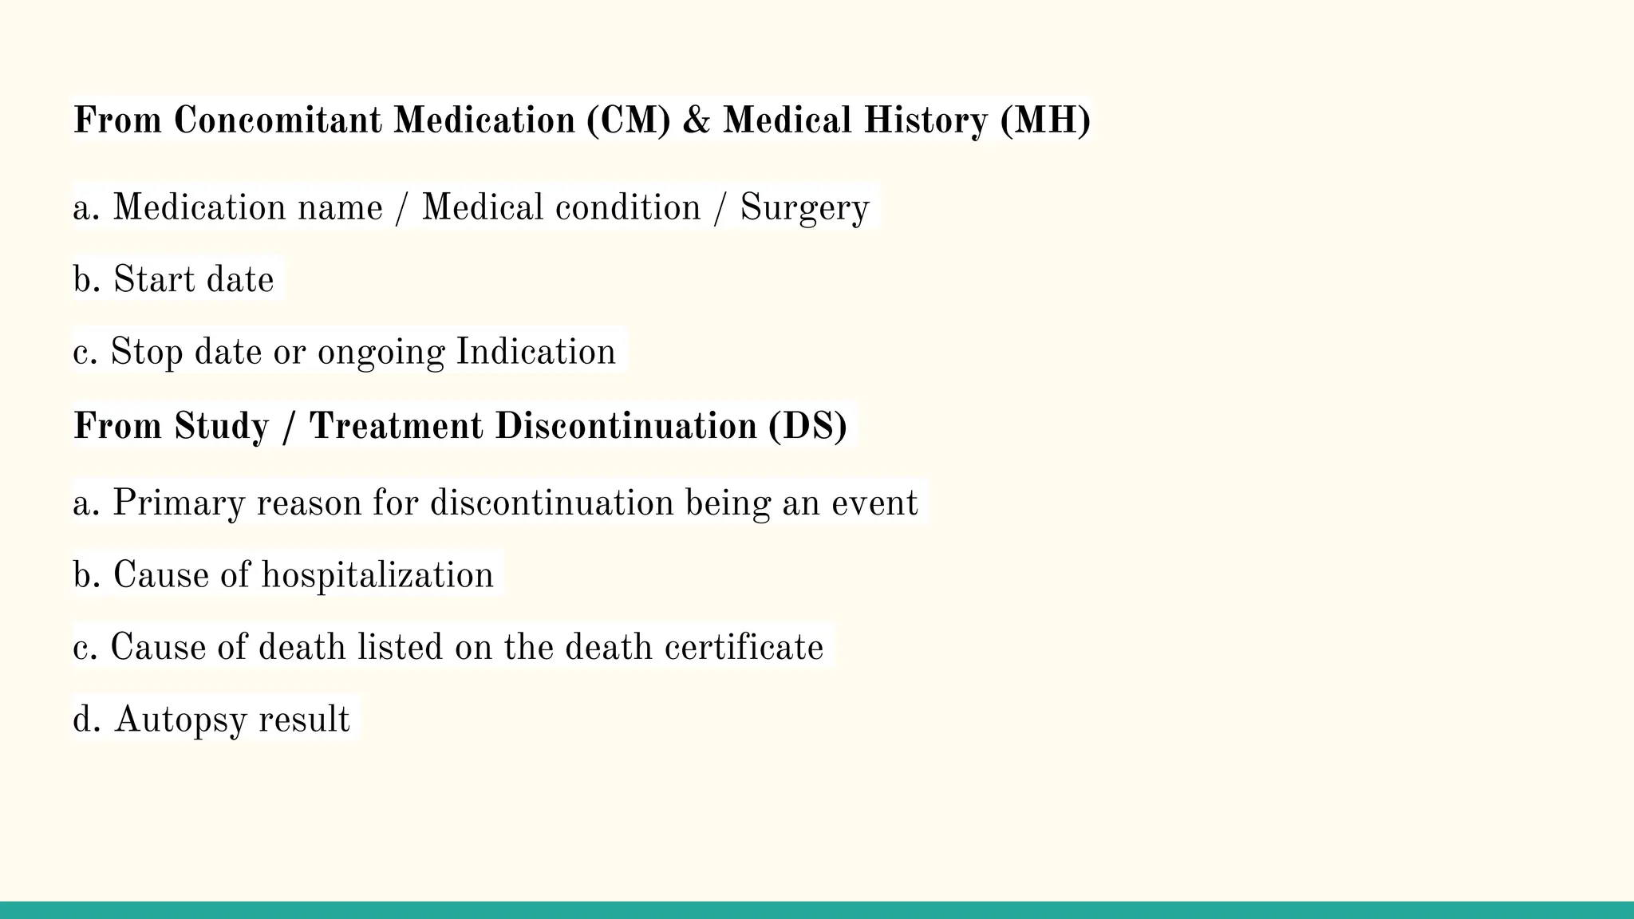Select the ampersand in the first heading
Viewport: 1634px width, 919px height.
pyautogui.click(x=697, y=120)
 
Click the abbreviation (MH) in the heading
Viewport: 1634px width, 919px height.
pyautogui.click(x=1045, y=120)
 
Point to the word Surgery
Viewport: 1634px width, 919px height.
pyautogui.click(x=804, y=208)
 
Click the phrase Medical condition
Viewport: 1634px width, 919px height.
pyautogui.click(x=560, y=207)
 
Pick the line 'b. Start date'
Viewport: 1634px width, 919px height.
pyautogui.click(x=173, y=279)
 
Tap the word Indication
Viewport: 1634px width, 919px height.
pyautogui.click(x=535, y=352)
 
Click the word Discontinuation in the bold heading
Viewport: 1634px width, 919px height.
pyautogui.click(x=626, y=425)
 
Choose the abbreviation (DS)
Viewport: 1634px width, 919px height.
pyautogui.click(x=807, y=425)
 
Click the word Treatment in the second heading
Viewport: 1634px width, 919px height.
pyautogui.click(x=396, y=425)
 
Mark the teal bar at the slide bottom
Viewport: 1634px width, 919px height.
pyautogui.click(x=817, y=910)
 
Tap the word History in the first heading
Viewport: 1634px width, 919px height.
pyautogui.click(x=926, y=120)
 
